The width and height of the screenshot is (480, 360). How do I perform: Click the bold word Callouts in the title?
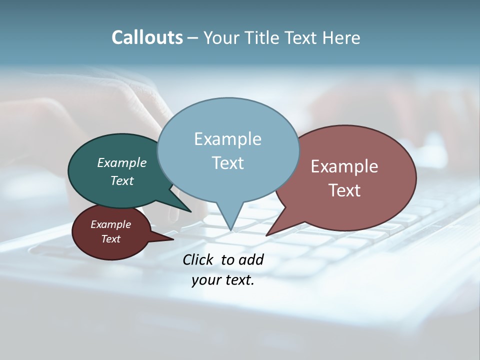pyautogui.click(x=147, y=37)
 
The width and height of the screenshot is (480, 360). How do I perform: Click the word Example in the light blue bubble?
pyautogui.click(x=227, y=139)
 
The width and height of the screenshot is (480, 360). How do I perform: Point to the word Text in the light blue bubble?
pyautogui.click(x=227, y=163)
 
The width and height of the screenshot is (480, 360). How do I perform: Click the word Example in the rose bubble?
pyautogui.click(x=344, y=166)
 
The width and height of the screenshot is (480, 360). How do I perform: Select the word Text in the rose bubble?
pyautogui.click(x=344, y=190)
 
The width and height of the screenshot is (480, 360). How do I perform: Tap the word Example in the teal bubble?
pyautogui.click(x=122, y=162)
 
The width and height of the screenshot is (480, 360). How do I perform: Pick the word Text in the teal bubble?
pyautogui.click(x=122, y=180)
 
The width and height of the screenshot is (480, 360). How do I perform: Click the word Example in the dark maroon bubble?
pyautogui.click(x=111, y=224)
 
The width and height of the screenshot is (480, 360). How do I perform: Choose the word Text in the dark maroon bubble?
pyautogui.click(x=111, y=239)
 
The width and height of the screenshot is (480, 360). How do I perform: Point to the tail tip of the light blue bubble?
pyautogui.click(x=231, y=229)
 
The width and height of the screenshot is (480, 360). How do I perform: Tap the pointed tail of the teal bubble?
pyautogui.click(x=189, y=210)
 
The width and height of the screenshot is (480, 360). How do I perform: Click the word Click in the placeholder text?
pyautogui.click(x=198, y=259)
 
